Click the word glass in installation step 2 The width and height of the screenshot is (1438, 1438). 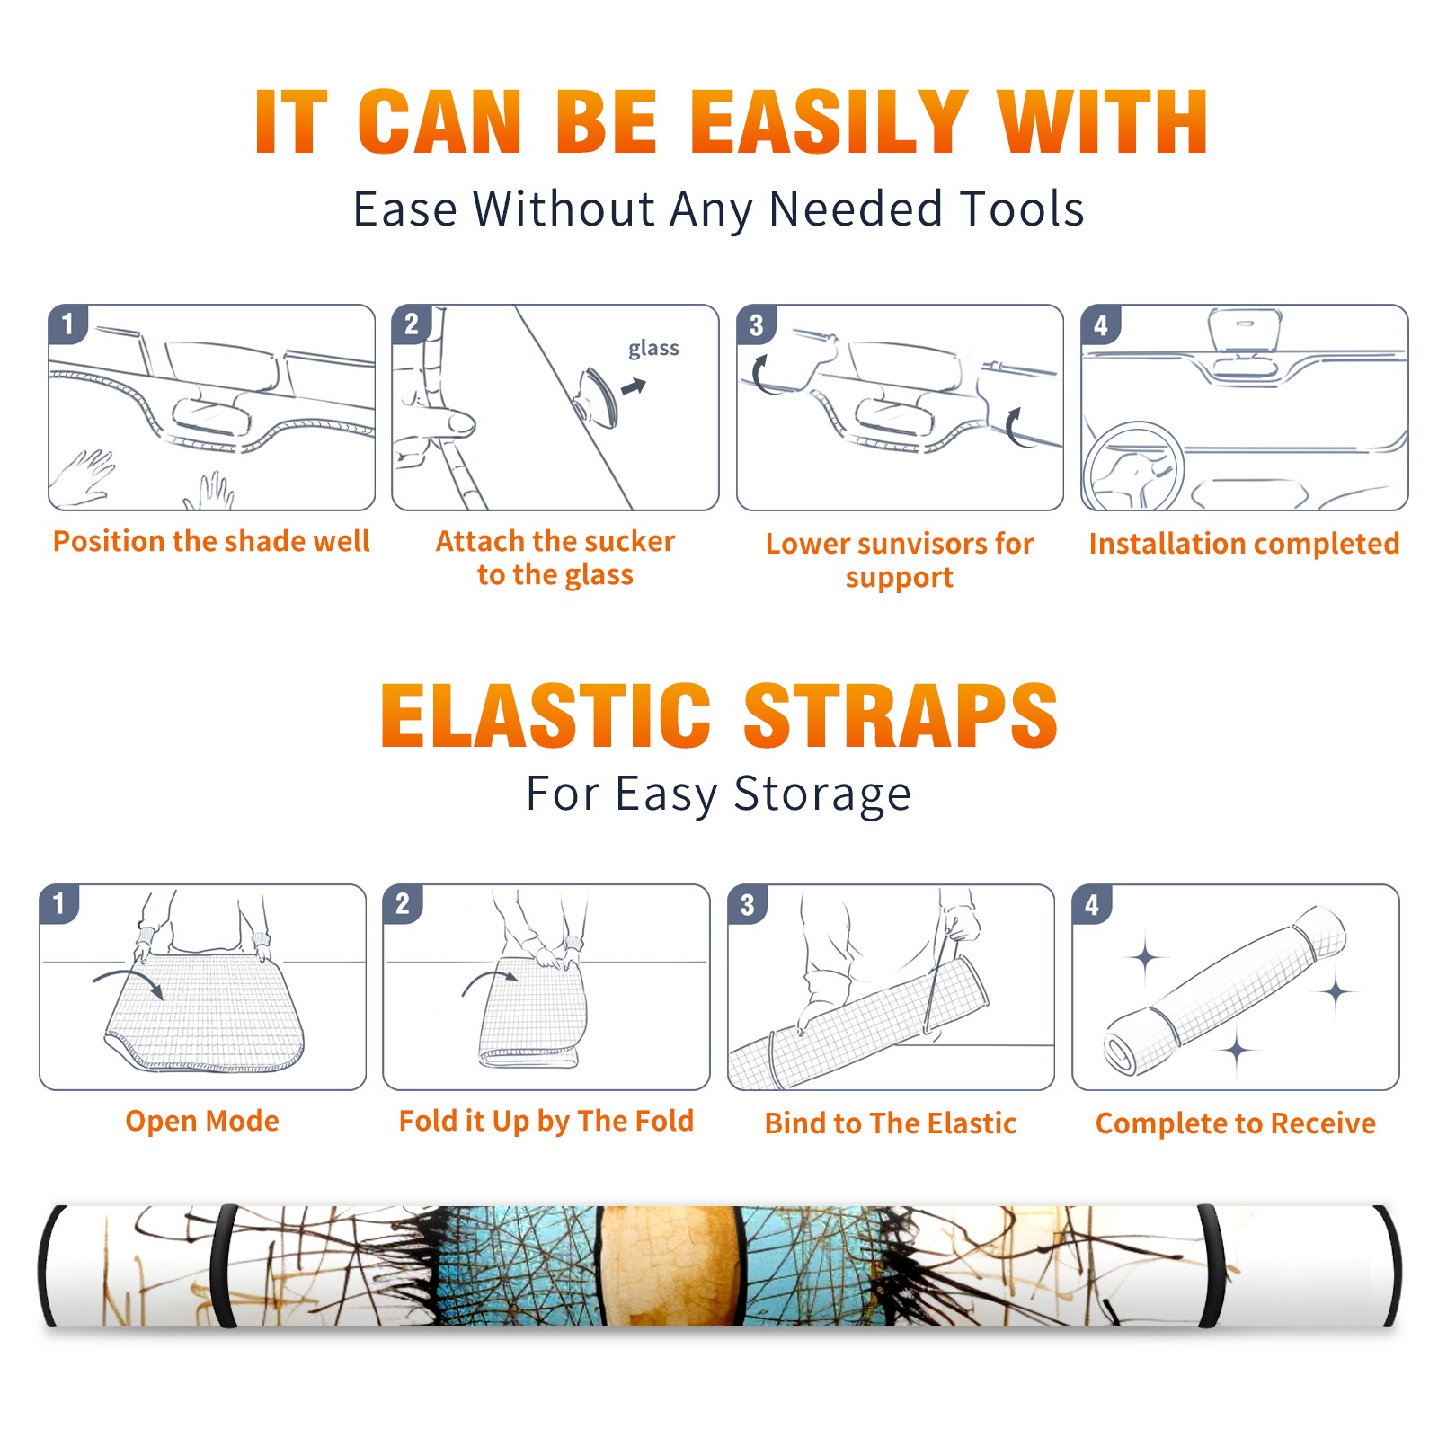(x=653, y=349)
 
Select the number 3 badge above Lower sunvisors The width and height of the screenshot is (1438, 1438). (x=756, y=324)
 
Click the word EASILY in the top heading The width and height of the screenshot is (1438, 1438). (x=830, y=122)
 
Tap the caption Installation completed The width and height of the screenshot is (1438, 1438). (x=1244, y=544)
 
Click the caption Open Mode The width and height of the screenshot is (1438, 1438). (x=202, y=1121)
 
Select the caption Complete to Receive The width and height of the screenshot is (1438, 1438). (x=1236, y=1123)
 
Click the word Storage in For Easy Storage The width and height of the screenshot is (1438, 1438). (x=822, y=794)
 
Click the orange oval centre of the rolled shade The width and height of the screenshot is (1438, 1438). (x=668, y=1265)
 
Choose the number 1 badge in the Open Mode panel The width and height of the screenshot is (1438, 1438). (x=59, y=903)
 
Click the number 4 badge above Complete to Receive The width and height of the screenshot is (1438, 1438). (x=1092, y=904)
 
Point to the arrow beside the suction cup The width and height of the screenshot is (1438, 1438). (x=635, y=386)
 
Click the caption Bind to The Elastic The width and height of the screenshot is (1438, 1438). (x=891, y=1123)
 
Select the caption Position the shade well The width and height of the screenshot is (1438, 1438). (x=211, y=541)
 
